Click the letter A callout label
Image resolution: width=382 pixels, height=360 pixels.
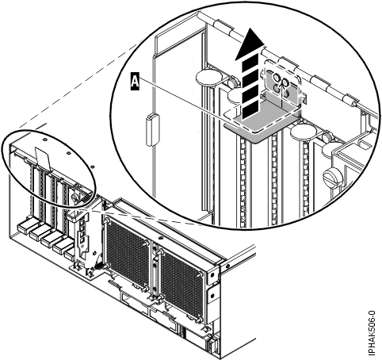(x=136, y=79)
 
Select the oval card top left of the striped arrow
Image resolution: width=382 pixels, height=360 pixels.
(x=205, y=77)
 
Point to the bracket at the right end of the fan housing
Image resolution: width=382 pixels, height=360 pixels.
(x=212, y=285)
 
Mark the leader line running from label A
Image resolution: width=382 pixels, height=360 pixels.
(x=182, y=98)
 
